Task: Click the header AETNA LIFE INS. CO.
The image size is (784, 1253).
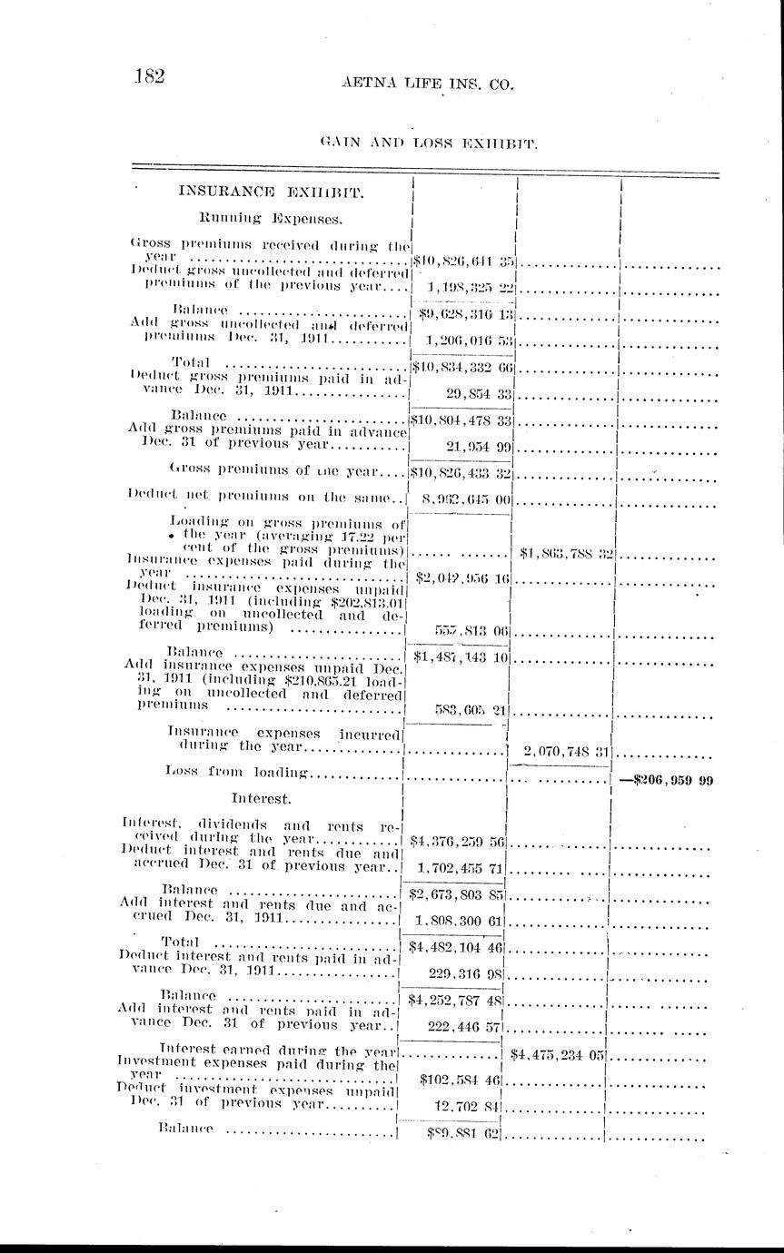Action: [x=427, y=84]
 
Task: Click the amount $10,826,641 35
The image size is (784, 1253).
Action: [x=464, y=261]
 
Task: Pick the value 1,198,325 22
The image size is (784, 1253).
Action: [x=471, y=287]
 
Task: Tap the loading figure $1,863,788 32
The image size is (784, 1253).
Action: [x=565, y=552]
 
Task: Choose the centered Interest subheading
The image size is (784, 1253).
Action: [x=261, y=799]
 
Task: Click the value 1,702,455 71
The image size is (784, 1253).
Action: [x=460, y=868]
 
